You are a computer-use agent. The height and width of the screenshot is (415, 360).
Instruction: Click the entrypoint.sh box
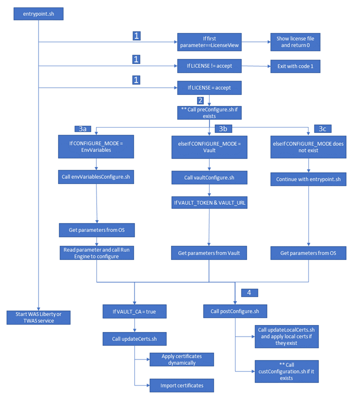(x=38, y=13)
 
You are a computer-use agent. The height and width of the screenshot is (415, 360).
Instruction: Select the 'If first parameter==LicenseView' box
(x=209, y=42)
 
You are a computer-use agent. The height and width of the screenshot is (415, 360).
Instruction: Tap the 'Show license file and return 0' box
(x=295, y=42)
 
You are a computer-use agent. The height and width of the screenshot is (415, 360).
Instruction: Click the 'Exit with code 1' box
(x=295, y=65)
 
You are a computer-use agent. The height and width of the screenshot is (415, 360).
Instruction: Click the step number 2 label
(x=200, y=100)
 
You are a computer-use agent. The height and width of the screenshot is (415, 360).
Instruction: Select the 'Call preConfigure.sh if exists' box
(x=209, y=112)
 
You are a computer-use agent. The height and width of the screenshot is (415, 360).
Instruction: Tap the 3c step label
(x=322, y=128)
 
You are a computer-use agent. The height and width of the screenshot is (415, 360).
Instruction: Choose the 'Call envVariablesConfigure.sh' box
(x=96, y=177)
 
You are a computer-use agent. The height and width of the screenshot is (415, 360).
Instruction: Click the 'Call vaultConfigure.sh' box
(x=209, y=177)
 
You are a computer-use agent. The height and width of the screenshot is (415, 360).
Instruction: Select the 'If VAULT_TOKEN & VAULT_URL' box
(x=209, y=202)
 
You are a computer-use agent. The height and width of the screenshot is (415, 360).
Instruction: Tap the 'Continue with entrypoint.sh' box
(x=308, y=177)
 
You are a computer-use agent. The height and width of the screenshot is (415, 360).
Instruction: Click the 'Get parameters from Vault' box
(x=209, y=253)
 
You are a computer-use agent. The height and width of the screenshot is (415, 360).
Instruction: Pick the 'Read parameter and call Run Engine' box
(x=96, y=253)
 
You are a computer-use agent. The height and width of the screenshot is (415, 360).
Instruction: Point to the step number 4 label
(x=249, y=292)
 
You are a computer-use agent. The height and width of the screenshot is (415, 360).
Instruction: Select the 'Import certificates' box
(x=181, y=385)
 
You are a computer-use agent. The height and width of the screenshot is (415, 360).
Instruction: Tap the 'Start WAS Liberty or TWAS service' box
(x=38, y=317)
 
